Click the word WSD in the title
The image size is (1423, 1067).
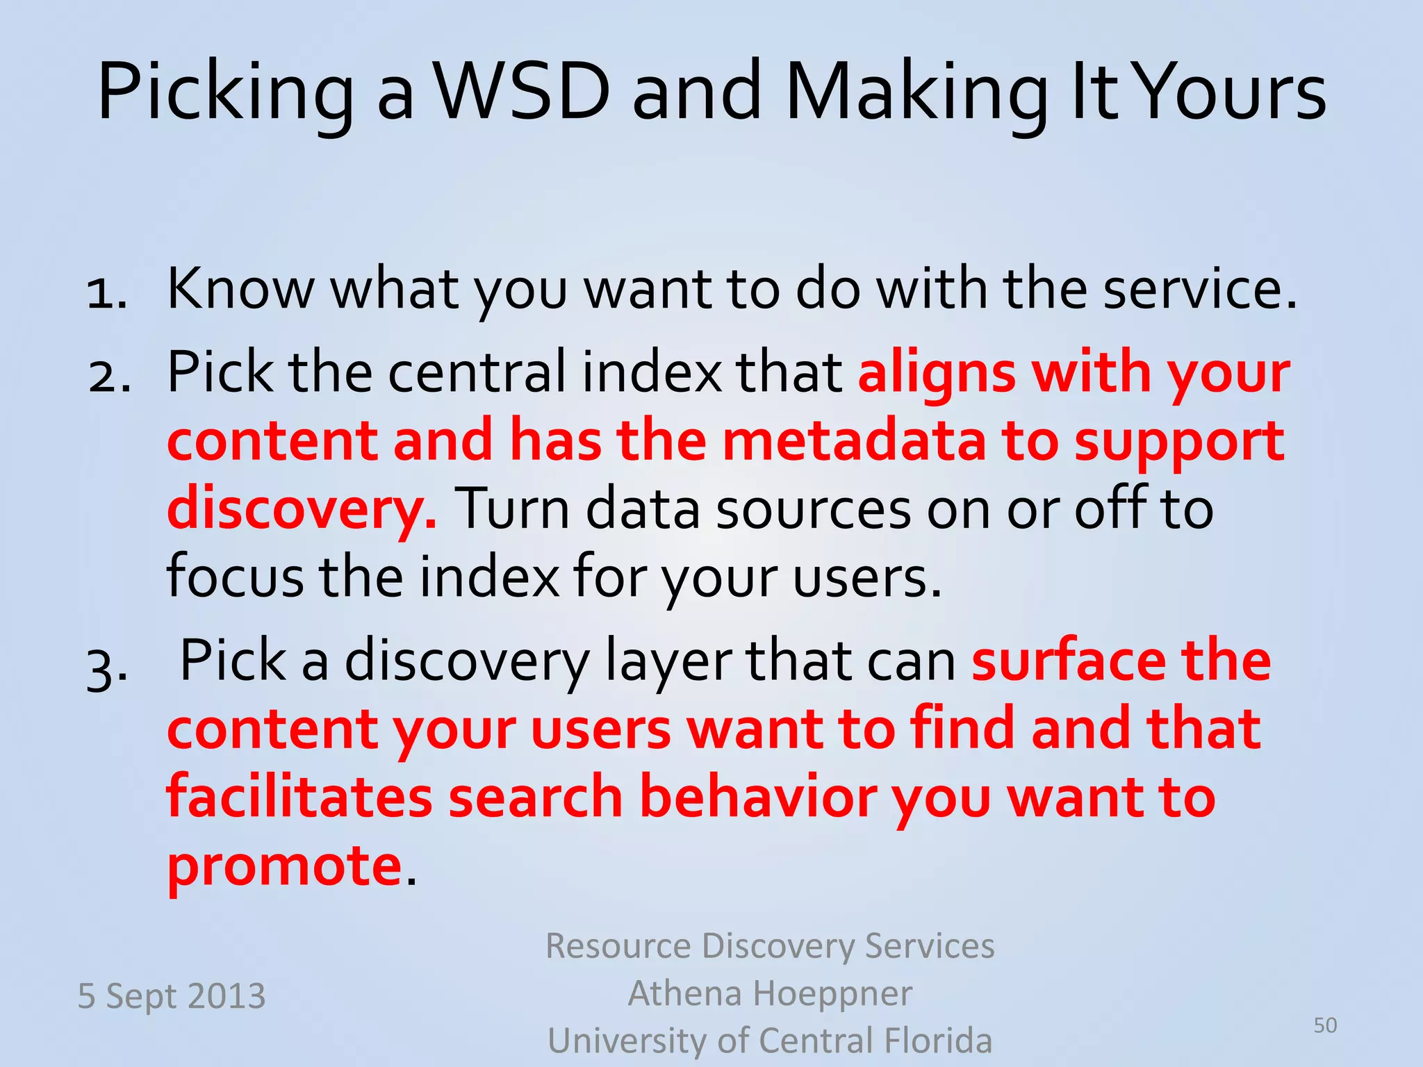(x=523, y=92)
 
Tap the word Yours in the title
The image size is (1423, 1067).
(x=1233, y=92)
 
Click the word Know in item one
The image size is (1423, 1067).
(x=240, y=288)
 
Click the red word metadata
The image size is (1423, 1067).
(x=854, y=442)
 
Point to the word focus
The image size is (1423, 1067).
(x=235, y=577)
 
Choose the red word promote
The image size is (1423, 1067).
(x=284, y=866)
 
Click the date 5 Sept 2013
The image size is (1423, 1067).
(x=172, y=995)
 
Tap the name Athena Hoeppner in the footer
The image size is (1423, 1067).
(x=770, y=993)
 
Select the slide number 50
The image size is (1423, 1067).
(x=1325, y=1025)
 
